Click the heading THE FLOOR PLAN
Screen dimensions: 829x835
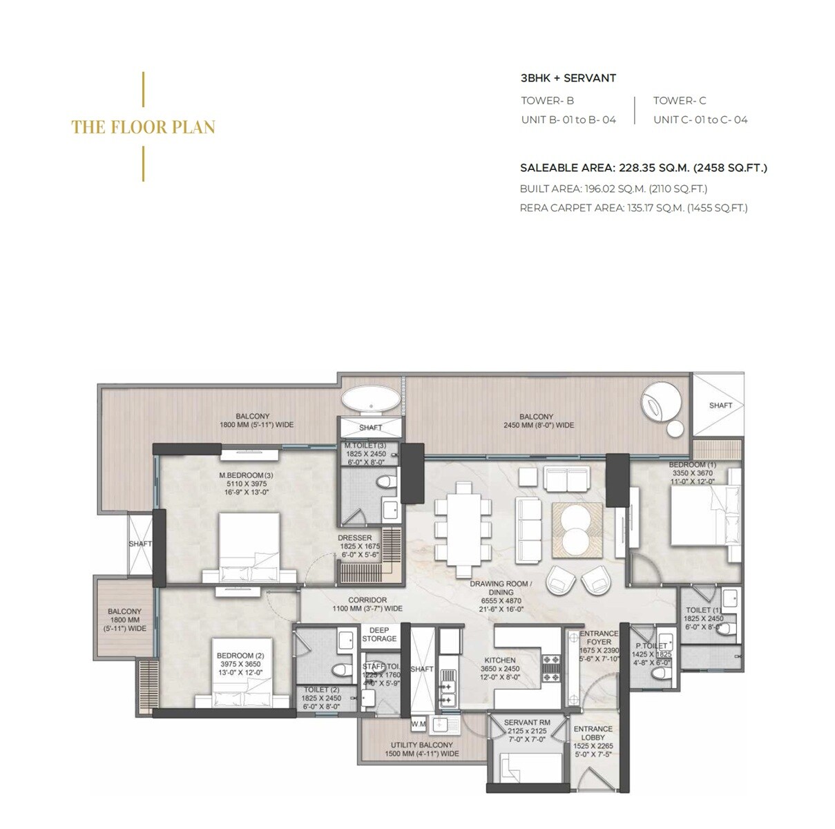(x=143, y=127)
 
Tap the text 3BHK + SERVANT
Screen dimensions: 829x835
(x=568, y=78)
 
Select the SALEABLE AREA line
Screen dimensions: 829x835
(x=643, y=168)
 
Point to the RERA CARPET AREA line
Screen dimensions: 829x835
(x=633, y=207)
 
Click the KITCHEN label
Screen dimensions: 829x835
(x=499, y=660)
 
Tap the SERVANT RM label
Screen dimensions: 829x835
(x=526, y=723)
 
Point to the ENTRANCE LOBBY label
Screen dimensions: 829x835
(x=593, y=733)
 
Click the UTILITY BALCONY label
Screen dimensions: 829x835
(x=421, y=745)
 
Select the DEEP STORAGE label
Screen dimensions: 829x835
(x=379, y=634)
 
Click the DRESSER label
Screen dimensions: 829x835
(x=354, y=537)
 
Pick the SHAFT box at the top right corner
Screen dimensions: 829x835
(x=720, y=405)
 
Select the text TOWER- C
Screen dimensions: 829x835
(x=679, y=101)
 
